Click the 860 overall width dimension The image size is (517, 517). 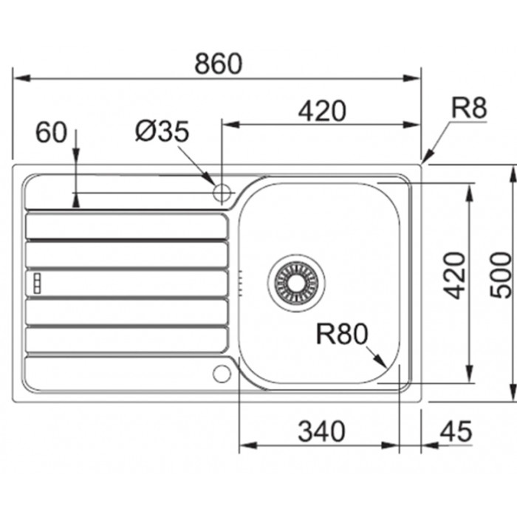coord(218,64)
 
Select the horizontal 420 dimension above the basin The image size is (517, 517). coord(322,111)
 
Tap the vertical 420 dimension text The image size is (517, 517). coord(456,275)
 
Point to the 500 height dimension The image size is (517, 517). coord(501,275)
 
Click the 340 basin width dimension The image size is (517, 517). coord(321,431)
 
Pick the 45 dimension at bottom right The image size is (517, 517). coord(454,431)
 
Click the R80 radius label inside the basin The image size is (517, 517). coord(341,335)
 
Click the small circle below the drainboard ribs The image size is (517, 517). coord(222,373)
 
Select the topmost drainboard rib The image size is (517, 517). coord(126,226)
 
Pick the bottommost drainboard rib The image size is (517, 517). coord(126,339)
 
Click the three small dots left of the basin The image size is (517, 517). coord(241,281)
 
